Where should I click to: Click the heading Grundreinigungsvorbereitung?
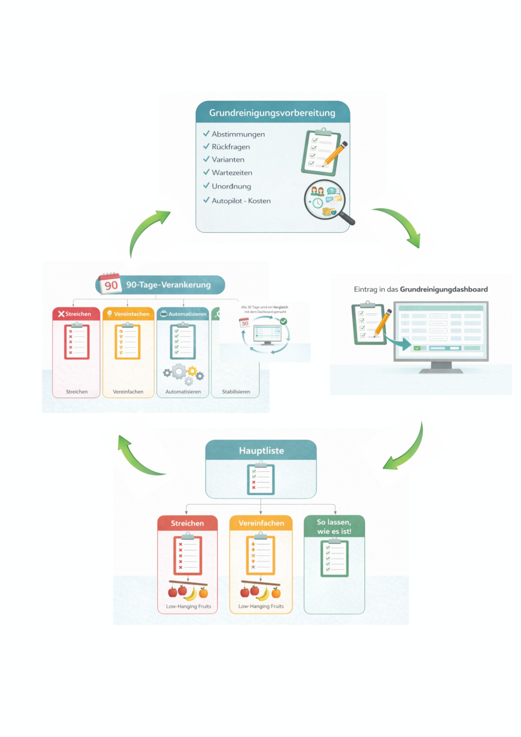tap(272, 113)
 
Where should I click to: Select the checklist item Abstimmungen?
tap(238, 134)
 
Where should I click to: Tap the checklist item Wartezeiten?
tap(232, 173)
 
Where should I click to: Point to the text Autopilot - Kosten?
tap(241, 201)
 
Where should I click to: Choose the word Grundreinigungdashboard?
tap(444, 289)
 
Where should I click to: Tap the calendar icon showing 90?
tap(110, 283)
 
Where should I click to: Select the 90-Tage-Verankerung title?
tap(168, 285)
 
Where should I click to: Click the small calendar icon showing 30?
tap(244, 323)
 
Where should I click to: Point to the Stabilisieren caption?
tap(236, 392)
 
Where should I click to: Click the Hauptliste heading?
tap(261, 450)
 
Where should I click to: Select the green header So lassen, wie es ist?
tap(334, 526)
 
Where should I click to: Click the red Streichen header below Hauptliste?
tap(187, 523)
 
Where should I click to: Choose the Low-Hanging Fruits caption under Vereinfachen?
tap(261, 606)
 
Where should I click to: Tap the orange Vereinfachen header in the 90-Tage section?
tap(129, 314)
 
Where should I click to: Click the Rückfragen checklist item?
tap(231, 147)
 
